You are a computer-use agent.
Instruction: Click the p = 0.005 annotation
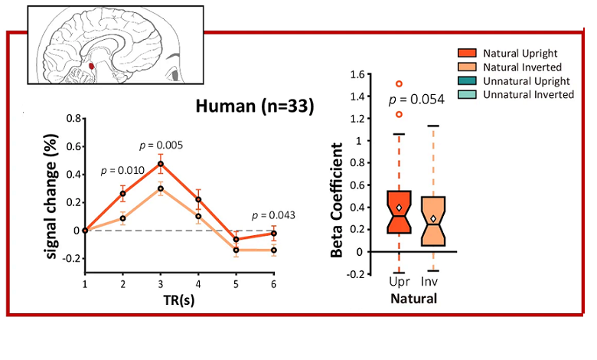coord(161,145)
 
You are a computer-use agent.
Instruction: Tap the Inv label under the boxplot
coord(434,284)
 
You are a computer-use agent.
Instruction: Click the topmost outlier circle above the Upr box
coord(399,83)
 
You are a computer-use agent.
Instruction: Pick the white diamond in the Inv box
coord(433,219)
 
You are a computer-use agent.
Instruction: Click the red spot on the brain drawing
coord(92,67)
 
